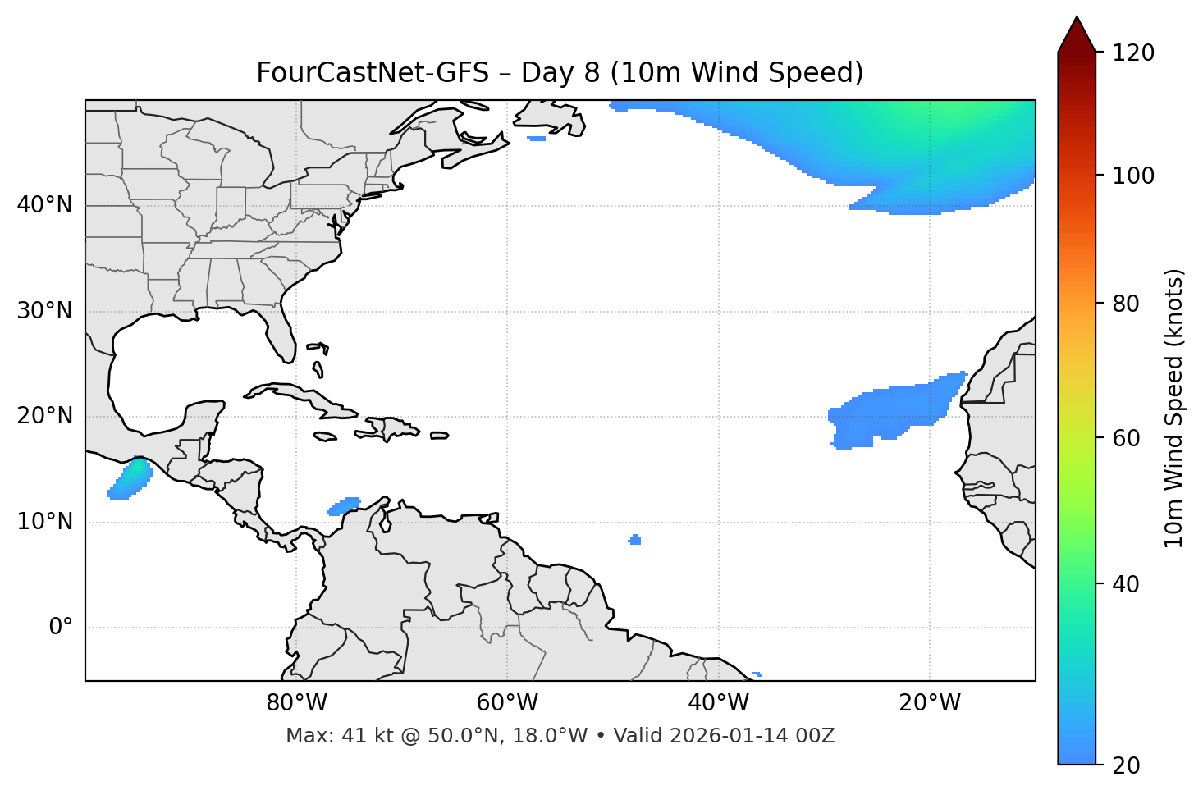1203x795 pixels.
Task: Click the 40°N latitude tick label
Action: tap(44, 205)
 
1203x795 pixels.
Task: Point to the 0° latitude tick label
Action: tap(61, 628)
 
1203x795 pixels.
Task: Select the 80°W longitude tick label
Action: tap(296, 703)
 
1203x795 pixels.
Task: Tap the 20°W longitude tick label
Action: tap(930, 703)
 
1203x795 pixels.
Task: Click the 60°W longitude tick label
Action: tap(507, 703)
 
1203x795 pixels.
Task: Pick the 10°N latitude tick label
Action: tap(44, 522)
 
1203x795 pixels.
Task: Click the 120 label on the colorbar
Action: tap(1133, 53)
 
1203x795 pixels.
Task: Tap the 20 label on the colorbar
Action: tap(1126, 765)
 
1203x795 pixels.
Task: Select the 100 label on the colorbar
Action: tap(1133, 176)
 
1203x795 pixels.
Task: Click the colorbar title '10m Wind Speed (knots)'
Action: tap(1174, 408)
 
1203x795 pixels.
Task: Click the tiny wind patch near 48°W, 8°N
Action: tap(634, 540)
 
